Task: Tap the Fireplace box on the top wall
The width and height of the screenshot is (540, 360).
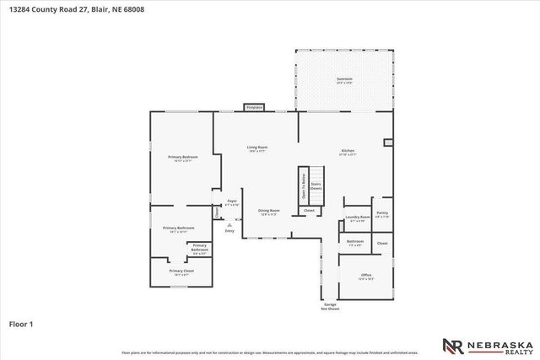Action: pyautogui.click(x=254, y=107)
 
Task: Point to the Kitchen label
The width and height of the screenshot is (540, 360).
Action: pyautogui.click(x=348, y=152)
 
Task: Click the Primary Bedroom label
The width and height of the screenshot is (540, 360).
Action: pyautogui.click(x=182, y=159)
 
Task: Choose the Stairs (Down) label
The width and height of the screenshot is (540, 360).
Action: pyautogui.click(x=316, y=185)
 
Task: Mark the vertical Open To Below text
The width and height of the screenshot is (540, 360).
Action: pyautogui.click(x=302, y=185)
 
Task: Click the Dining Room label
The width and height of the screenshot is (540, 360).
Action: pyautogui.click(x=268, y=212)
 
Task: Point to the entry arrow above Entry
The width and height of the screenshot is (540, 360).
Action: pyautogui.click(x=229, y=224)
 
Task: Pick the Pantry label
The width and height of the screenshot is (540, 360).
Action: pyautogui.click(x=382, y=214)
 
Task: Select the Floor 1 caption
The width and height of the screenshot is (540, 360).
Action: pyautogui.click(x=20, y=323)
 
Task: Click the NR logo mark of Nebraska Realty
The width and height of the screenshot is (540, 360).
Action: pyautogui.click(x=451, y=346)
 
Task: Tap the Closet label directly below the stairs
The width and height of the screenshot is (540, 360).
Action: pyautogui.click(x=309, y=210)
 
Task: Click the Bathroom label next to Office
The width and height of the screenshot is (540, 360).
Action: pyautogui.click(x=354, y=243)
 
